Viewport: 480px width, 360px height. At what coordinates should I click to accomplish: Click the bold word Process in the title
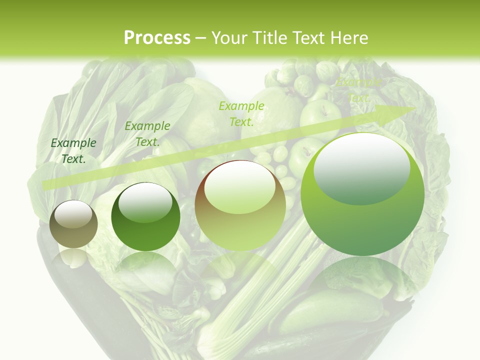157,37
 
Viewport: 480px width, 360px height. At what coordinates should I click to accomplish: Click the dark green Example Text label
73,150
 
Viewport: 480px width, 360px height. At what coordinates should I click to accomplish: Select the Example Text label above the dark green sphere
147,134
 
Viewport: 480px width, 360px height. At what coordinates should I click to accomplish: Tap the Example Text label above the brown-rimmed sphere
241,113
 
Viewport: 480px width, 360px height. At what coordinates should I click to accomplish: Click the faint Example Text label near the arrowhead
359,90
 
